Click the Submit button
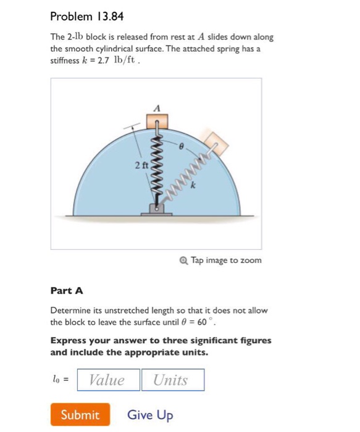click(80, 415)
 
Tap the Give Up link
click(150, 415)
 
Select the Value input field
click(107, 380)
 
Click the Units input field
click(172, 380)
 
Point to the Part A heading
click(67, 290)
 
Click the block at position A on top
click(157, 120)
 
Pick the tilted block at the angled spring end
click(216, 143)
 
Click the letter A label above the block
click(157, 107)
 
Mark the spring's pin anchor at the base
click(157, 209)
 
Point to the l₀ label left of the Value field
click(59, 380)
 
